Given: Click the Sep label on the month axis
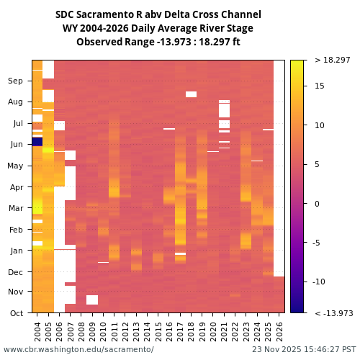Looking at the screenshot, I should click(x=16, y=81).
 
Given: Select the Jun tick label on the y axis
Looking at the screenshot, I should click(x=16, y=145).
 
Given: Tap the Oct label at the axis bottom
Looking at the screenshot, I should click(x=16, y=313).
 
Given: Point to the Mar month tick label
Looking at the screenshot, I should click(x=16, y=208).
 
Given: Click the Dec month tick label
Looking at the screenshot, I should click(x=16, y=271).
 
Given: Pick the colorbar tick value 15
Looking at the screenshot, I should click(x=320, y=86).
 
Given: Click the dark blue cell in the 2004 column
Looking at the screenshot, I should click(x=37, y=142).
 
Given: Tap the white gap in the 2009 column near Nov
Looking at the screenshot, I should click(x=92, y=300).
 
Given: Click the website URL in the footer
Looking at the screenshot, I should click(x=78, y=350).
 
